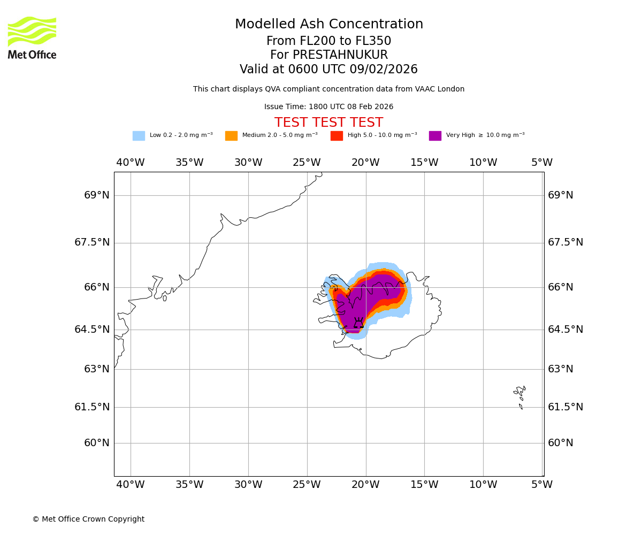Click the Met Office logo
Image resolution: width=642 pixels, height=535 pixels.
click(32, 37)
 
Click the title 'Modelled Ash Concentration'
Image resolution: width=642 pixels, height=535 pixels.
click(329, 25)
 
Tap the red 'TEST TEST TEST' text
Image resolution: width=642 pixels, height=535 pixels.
click(328, 123)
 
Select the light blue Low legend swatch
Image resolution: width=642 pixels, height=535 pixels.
click(139, 136)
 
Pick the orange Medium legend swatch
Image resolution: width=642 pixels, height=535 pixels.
click(231, 136)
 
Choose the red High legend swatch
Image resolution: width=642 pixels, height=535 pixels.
click(337, 136)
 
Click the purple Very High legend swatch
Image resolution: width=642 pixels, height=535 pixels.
click(435, 136)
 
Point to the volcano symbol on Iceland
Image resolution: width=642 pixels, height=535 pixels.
click(358, 323)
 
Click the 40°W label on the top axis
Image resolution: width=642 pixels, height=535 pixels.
click(131, 163)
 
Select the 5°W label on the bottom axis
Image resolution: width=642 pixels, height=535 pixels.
click(542, 485)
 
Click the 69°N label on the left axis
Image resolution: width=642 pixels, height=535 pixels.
click(97, 195)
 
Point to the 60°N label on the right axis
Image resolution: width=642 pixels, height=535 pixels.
click(560, 443)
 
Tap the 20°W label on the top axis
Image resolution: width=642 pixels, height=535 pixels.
click(365, 163)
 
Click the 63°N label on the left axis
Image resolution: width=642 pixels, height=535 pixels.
click(97, 369)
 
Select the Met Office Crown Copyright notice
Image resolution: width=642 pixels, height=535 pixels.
click(88, 519)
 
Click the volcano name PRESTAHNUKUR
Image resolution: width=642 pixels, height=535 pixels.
click(329, 55)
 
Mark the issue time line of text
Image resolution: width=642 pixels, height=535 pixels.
click(328, 107)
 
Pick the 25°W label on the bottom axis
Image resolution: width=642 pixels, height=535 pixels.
click(307, 485)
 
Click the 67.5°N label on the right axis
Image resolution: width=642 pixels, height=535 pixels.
click(565, 242)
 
